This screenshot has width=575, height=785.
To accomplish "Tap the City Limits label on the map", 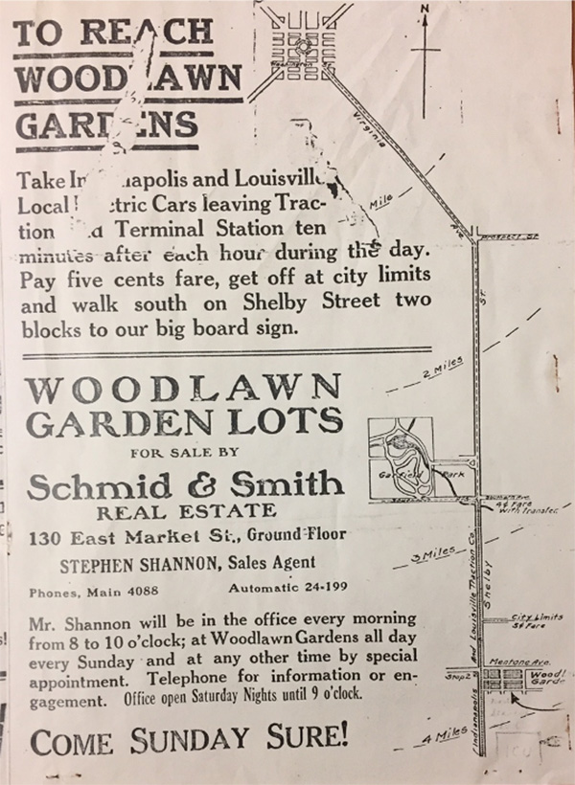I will click(537, 618).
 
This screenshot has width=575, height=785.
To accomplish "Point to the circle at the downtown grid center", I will click(300, 44).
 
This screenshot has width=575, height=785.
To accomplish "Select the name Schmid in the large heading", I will click(94, 486).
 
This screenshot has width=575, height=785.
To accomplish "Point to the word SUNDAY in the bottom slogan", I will click(199, 740).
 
